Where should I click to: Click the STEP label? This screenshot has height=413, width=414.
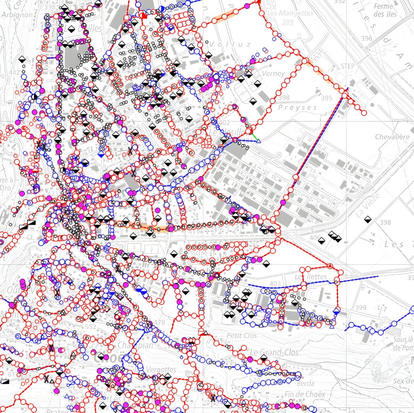click(348, 66)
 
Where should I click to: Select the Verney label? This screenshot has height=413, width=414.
click(273, 74)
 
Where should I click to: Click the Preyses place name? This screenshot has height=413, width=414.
click(298, 107)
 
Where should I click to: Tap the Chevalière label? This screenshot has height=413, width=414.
click(392, 137)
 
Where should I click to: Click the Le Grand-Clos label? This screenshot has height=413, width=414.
click(274, 352)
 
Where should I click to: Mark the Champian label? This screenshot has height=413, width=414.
click(135, 346)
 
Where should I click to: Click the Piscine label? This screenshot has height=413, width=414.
click(197, 253)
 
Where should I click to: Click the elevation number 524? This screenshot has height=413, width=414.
click(255, 380)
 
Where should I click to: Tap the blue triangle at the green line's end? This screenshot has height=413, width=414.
click(259, 141)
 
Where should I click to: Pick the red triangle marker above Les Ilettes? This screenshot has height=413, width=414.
click(330, 265)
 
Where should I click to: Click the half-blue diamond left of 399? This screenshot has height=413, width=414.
click(336, 310)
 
